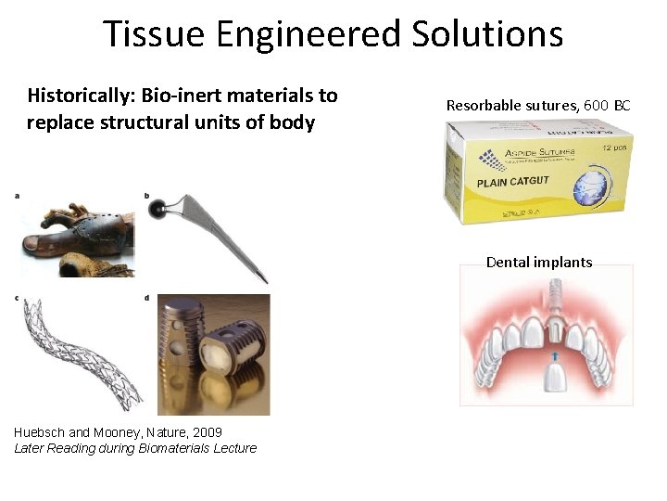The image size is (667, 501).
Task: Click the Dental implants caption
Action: (x=539, y=262)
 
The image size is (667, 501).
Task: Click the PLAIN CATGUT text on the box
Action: (x=515, y=183)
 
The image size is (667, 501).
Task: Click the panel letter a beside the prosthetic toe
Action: (x=17, y=195)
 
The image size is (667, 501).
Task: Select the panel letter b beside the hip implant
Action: (x=146, y=195)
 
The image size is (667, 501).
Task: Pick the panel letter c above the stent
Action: (x=17, y=297)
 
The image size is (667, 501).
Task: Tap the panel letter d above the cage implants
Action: (x=146, y=297)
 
